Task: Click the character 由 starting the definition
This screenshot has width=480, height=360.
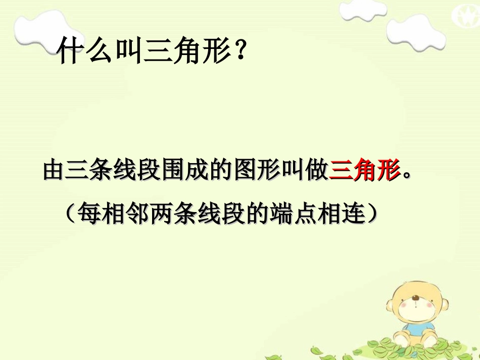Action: [x=55, y=171]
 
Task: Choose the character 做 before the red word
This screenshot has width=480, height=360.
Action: [x=317, y=171]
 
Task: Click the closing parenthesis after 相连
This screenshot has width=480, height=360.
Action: [x=373, y=215]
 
